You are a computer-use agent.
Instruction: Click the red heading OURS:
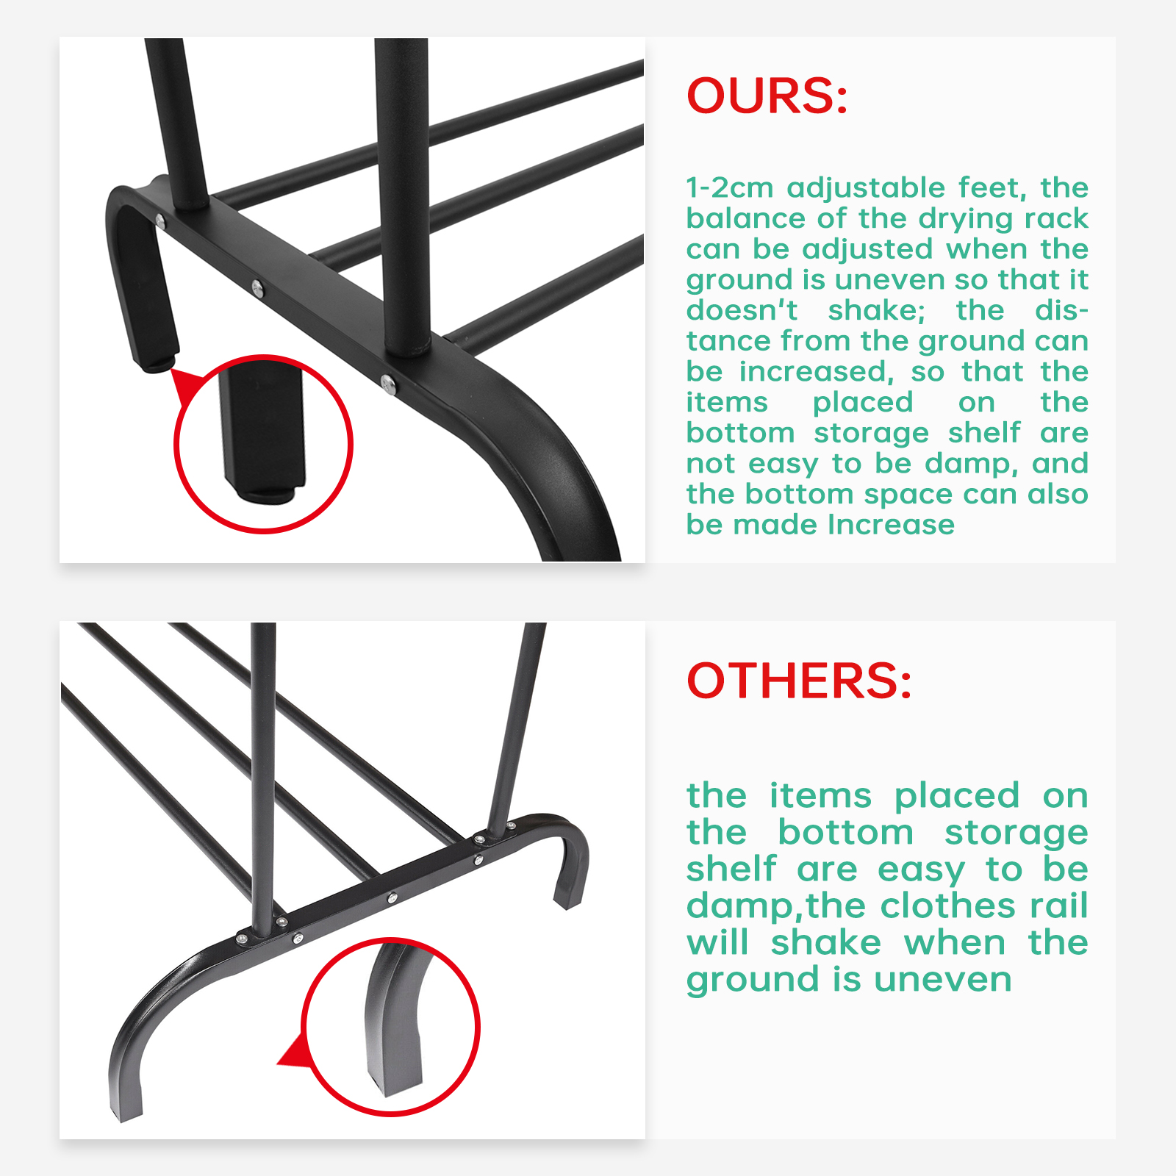(767, 96)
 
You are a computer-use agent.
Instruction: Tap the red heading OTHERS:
(799, 680)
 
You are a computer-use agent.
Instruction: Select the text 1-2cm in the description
(730, 187)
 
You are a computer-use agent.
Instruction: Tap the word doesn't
(742, 310)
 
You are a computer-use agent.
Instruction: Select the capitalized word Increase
(891, 525)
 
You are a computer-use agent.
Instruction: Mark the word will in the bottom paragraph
(717, 942)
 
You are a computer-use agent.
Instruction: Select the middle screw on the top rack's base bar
(257, 287)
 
